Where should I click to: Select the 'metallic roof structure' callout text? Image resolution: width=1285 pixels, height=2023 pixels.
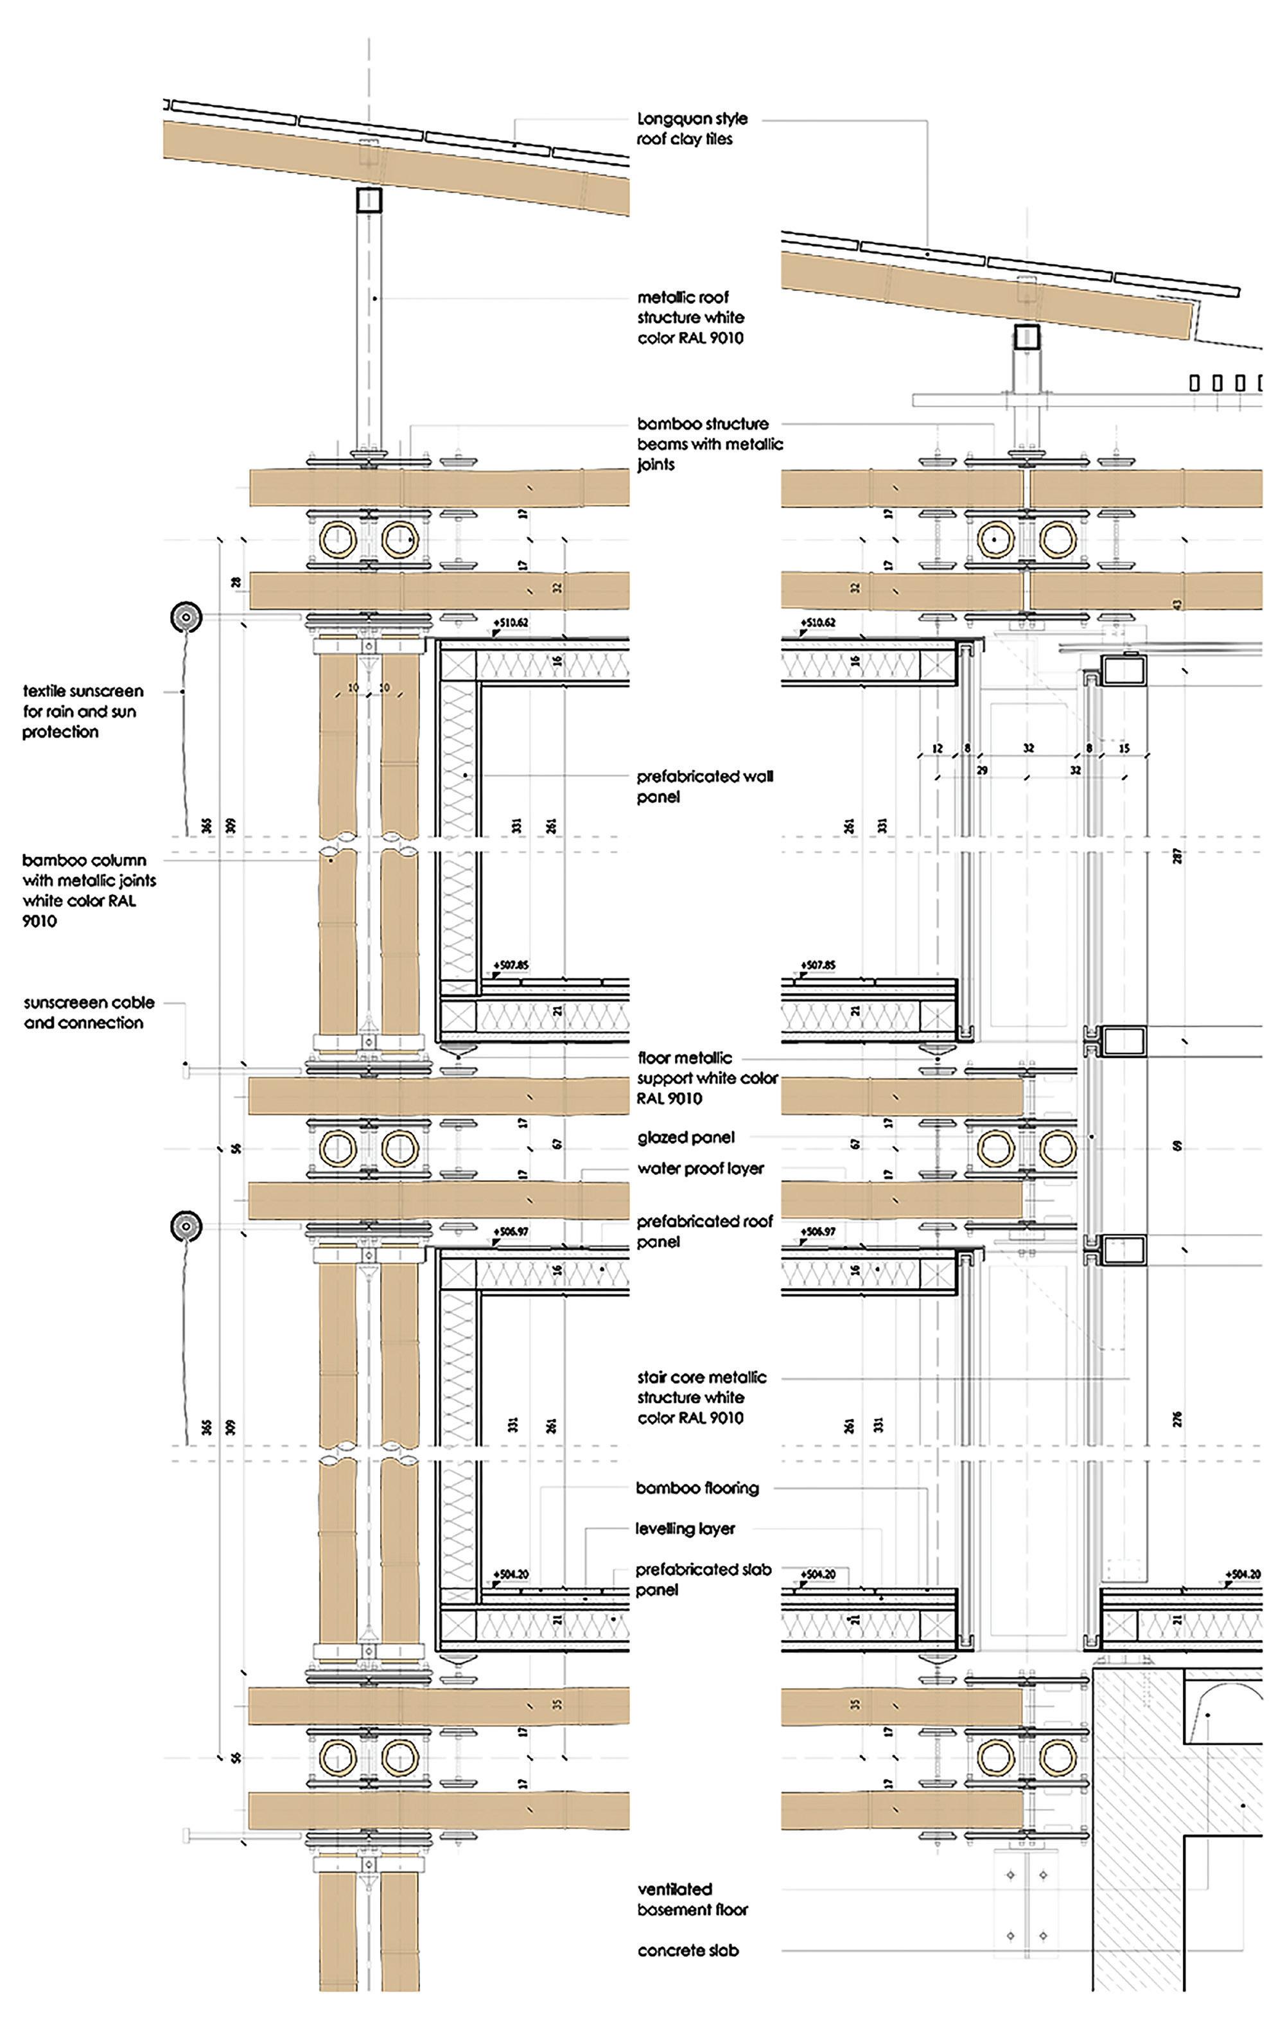[x=690, y=317]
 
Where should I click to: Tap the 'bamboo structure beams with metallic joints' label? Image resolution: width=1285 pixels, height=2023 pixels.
[x=709, y=443]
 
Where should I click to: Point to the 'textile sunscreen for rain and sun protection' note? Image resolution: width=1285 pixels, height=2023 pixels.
[x=82, y=712]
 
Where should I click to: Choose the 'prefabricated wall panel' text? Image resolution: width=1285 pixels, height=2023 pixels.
[x=704, y=786]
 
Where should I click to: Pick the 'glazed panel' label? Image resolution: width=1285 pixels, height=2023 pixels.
[x=685, y=1138]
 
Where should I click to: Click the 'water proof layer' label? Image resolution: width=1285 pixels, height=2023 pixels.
[x=701, y=1169]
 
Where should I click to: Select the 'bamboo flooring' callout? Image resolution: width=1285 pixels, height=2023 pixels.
[x=697, y=1488]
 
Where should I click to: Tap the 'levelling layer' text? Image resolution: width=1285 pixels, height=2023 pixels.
[x=685, y=1529]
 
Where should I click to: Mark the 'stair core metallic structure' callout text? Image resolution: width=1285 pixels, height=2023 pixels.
[x=701, y=1397]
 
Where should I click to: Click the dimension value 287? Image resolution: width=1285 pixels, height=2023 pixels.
[x=1178, y=856]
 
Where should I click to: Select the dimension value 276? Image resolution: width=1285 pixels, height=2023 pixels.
[x=1178, y=1419]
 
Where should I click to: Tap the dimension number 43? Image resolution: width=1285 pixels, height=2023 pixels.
[x=1178, y=604]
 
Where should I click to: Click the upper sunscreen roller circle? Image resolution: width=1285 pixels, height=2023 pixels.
[x=186, y=617]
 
